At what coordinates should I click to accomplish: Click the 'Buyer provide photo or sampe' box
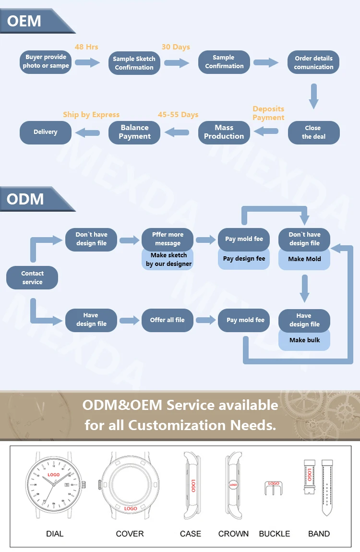pos(46,61)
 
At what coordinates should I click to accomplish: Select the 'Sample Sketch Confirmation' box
pos(134,63)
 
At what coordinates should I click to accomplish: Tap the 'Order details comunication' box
pos(313,62)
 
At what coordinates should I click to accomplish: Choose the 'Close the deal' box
pos(313,132)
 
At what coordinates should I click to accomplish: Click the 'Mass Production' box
pos(224,132)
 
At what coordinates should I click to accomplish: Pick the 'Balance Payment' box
pos(134,132)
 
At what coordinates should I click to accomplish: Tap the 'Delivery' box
pos(45,132)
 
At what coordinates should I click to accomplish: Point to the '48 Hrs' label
pos(86,47)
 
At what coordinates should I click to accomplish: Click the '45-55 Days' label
pos(178,115)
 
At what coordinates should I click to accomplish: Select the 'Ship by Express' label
pos(91,115)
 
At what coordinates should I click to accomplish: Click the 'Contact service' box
pos(32,277)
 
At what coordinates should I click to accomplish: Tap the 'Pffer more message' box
pos(168,239)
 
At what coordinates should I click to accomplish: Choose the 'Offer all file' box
pos(167,320)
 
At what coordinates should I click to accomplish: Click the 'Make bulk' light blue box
pos(304,340)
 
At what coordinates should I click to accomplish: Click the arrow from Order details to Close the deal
pos(313,96)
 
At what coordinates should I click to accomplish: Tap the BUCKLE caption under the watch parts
pos(275,533)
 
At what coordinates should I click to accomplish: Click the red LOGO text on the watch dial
pos(54,475)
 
